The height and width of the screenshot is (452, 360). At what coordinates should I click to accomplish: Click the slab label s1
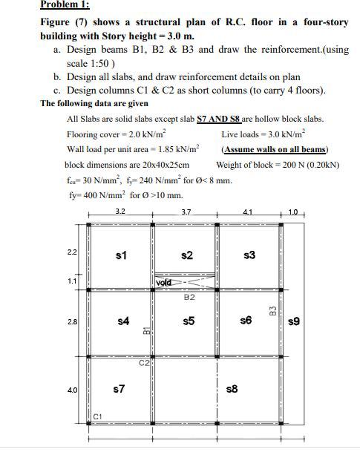coord(122,255)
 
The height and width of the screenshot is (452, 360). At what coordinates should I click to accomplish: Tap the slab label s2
coord(187,255)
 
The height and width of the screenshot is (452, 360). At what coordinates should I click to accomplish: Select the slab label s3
coord(249,255)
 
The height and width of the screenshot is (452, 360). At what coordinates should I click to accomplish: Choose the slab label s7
coord(118,387)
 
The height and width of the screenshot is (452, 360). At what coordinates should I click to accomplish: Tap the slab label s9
coord(294,321)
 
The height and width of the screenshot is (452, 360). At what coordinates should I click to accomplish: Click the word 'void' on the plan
coord(165,283)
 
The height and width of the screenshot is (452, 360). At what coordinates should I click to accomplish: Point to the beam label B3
coord(273,309)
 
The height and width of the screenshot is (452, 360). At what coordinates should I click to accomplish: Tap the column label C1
coord(97,416)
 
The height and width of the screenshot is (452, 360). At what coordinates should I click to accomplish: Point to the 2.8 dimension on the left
coord(72,321)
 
